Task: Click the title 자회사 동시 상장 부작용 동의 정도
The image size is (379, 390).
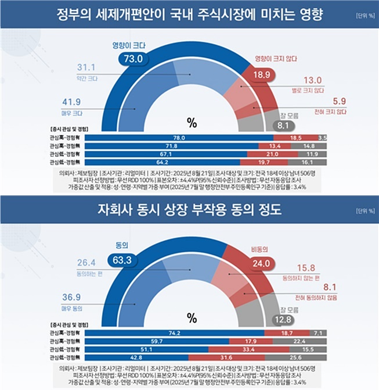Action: point(189,210)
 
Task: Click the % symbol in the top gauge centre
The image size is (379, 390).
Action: point(191,122)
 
